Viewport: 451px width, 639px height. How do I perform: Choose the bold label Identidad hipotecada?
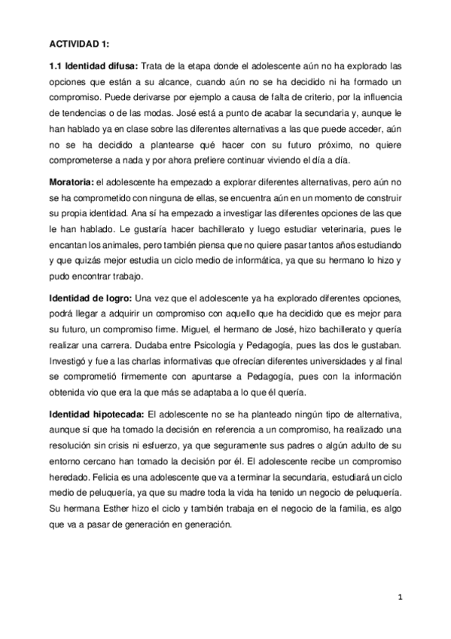98,414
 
